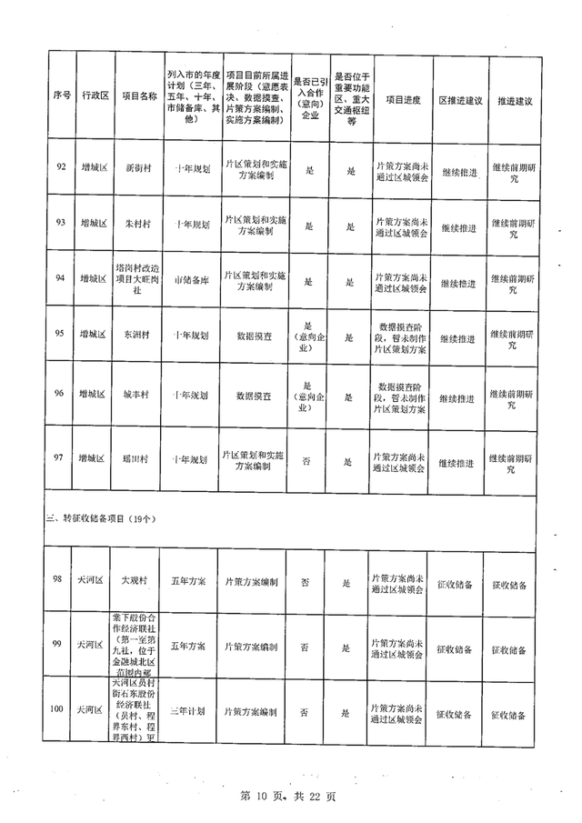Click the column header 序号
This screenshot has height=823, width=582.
tap(62, 95)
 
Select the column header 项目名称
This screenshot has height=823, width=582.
tap(140, 95)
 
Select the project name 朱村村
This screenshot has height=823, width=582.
tap(139, 223)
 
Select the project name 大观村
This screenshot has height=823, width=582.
tap(139, 579)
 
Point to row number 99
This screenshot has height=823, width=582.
tap(58, 644)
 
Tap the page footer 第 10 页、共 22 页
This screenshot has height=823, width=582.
tap(287, 798)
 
